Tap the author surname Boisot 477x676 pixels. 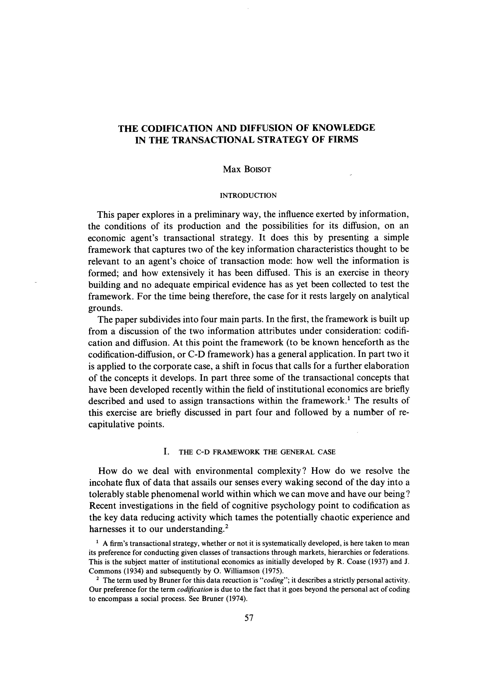(x=257, y=170)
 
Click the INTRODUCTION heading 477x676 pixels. (x=248, y=196)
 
